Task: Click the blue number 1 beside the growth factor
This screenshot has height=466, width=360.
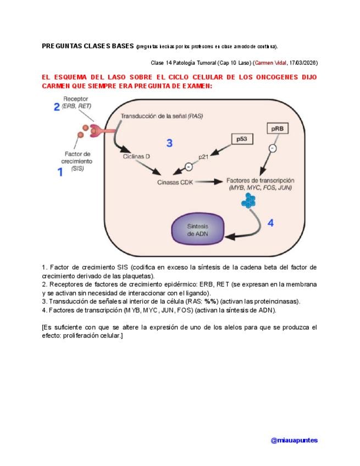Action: [60, 173]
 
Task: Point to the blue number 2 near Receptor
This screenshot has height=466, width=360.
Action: [56, 107]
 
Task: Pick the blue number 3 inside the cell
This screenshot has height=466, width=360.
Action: [169, 143]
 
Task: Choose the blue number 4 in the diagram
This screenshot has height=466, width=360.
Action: [270, 223]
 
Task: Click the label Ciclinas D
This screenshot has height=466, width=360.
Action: [137, 157]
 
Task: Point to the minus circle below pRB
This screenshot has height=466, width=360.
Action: [273, 148]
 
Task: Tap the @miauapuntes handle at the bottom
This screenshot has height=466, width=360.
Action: [294, 440]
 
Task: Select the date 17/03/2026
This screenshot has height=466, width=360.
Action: [303, 63]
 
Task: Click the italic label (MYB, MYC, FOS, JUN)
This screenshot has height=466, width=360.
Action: [259, 188]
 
